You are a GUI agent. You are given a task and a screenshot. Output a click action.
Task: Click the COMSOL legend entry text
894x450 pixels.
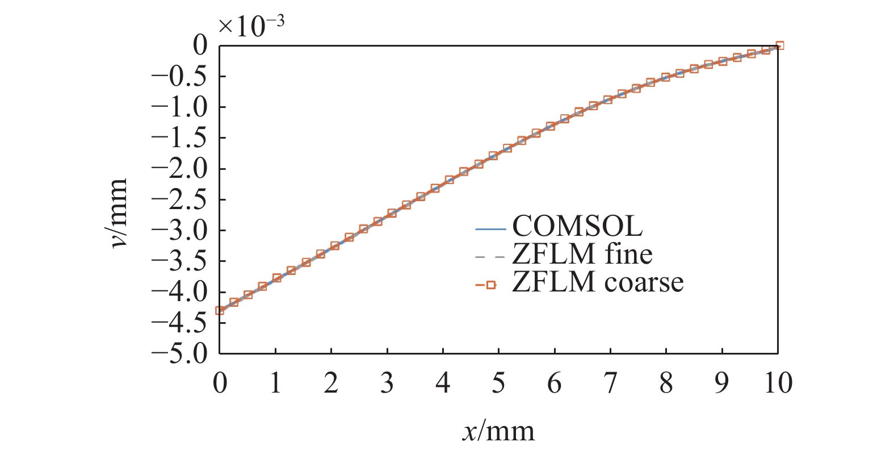click(577, 226)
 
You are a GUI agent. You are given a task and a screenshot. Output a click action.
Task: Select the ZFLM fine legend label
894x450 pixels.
click(582, 254)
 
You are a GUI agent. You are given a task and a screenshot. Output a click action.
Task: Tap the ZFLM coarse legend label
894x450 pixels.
click(597, 282)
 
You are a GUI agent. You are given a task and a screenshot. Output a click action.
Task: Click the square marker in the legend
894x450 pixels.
click(491, 285)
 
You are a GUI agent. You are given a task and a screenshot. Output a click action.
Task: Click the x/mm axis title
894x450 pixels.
click(498, 431)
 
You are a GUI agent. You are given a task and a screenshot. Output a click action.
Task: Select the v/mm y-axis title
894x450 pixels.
click(118, 213)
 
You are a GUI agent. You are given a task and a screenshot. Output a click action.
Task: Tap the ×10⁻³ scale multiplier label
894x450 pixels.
click(251, 25)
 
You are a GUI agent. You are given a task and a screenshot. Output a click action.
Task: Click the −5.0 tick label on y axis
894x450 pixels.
click(180, 353)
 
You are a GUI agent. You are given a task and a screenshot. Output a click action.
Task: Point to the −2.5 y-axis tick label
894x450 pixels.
click(180, 199)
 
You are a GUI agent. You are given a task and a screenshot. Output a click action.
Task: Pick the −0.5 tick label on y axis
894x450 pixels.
click(180, 76)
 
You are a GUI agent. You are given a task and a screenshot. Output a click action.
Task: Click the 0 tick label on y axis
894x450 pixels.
click(200, 45)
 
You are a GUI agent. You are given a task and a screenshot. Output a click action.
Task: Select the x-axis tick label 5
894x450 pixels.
click(498, 383)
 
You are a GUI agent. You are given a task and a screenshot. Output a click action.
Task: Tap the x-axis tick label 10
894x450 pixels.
click(777, 383)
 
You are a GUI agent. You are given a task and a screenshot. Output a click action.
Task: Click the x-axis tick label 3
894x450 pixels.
click(387, 383)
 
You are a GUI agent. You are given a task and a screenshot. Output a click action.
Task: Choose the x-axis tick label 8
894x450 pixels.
click(666, 383)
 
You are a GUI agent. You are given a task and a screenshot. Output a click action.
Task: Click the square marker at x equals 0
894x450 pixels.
click(220, 310)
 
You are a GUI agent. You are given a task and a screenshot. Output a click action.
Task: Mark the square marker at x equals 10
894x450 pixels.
click(779, 45)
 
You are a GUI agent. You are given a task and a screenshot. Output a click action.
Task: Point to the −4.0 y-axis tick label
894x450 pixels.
click(180, 292)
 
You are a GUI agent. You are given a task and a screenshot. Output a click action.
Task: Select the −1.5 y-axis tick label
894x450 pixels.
click(180, 138)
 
